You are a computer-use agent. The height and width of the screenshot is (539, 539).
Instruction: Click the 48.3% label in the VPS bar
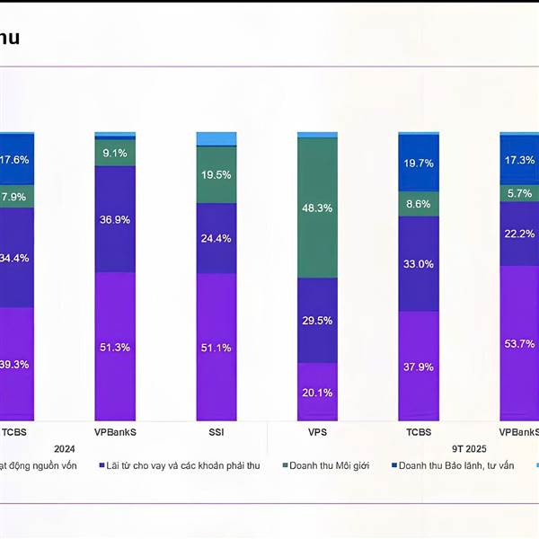click(x=317, y=208)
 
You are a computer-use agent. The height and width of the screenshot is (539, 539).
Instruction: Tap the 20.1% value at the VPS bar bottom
click(x=317, y=392)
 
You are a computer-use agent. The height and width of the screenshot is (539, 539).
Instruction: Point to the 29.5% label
click(x=317, y=321)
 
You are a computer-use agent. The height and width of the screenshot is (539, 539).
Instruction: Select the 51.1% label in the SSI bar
click(x=216, y=348)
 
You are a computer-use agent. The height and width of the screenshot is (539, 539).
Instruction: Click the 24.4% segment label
click(x=216, y=238)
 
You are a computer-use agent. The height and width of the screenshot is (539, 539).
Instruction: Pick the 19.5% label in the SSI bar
click(x=216, y=174)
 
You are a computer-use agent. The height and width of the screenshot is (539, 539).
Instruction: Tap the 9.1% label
click(x=115, y=153)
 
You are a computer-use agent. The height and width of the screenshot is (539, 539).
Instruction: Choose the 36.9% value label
click(x=115, y=219)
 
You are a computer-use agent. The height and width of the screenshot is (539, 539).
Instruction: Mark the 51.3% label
click(x=115, y=347)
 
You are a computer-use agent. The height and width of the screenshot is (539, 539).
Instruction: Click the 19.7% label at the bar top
click(x=419, y=163)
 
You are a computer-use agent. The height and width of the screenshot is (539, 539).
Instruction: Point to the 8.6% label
click(x=419, y=204)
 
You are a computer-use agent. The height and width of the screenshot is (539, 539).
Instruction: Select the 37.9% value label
click(x=419, y=367)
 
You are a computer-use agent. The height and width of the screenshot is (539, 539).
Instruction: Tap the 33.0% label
click(x=419, y=264)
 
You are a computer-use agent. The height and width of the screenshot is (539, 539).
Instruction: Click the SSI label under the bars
click(x=216, y=431)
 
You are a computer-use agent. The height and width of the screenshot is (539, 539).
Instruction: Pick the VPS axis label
click(x=317, y=431)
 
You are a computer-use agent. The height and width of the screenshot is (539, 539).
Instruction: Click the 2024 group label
click(x=65, y=448)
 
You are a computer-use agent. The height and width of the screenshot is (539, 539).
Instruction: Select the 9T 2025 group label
click(x=468, y=448)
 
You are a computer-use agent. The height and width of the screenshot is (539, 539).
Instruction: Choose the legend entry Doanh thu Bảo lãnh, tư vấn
click(x=455, y=465)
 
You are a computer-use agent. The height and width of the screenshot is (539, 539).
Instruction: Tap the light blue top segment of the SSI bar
click(x=216, y=138)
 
